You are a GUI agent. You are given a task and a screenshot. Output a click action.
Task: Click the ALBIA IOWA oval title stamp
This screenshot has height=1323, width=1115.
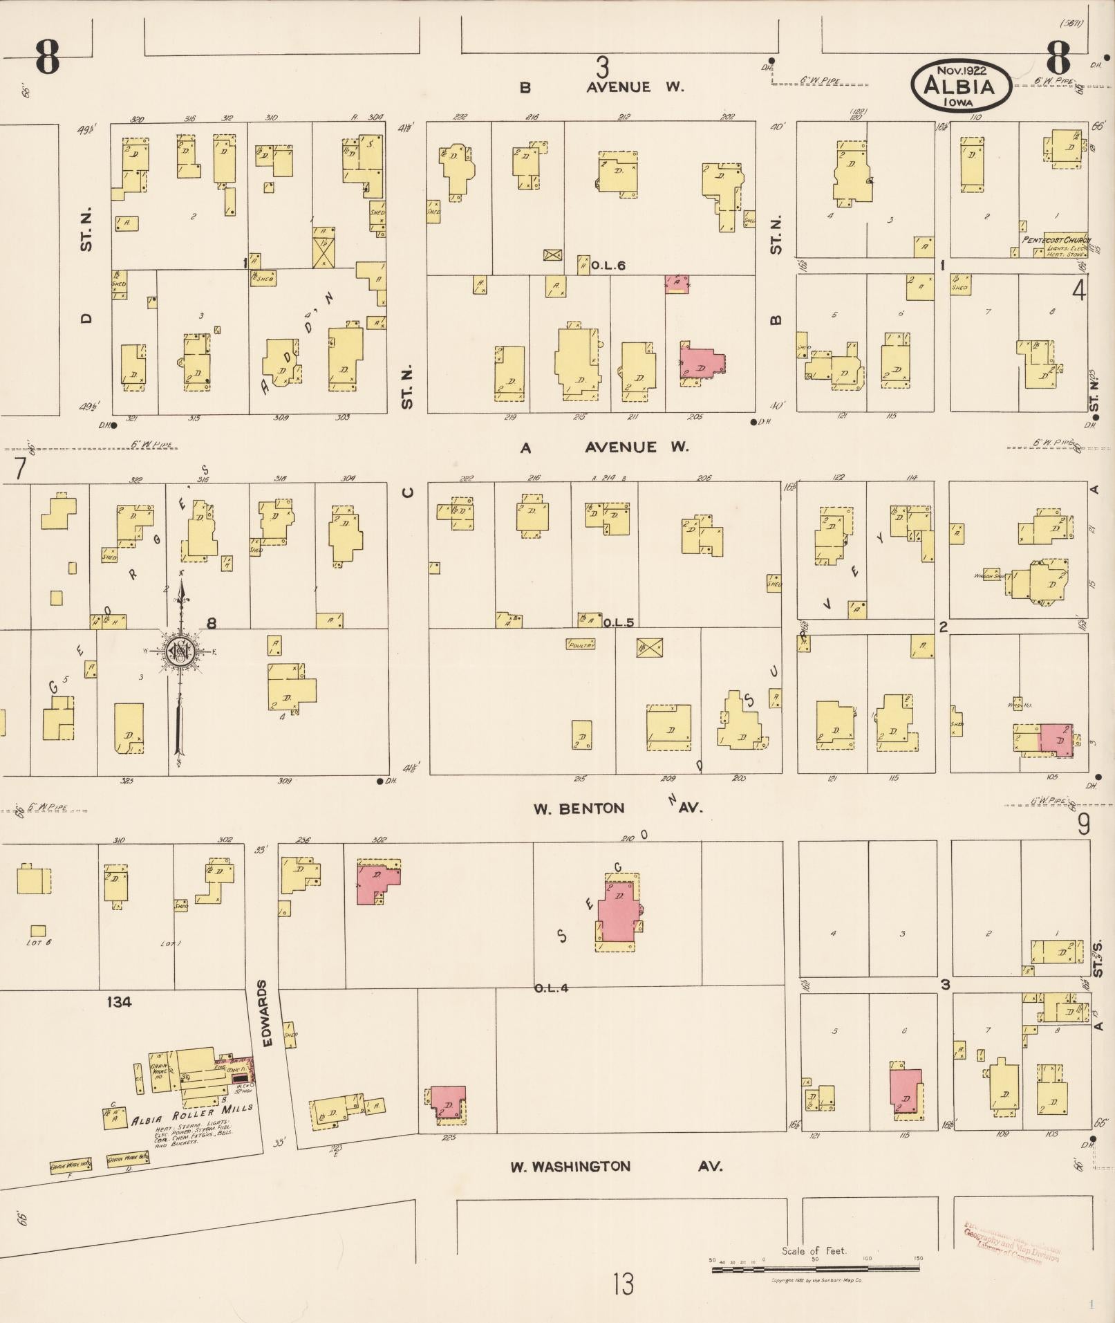961,85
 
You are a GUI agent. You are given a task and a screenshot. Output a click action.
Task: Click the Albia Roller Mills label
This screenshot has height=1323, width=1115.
192,1114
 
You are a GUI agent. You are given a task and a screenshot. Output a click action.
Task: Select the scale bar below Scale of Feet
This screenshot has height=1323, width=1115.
816,1269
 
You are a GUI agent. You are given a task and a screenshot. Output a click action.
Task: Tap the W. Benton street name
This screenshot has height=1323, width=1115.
579,808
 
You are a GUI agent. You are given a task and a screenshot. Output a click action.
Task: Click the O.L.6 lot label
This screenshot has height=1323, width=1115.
608,266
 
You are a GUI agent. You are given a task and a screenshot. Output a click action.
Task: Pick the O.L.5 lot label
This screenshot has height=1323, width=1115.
617,622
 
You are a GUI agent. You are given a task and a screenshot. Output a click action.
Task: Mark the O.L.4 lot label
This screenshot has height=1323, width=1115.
551,988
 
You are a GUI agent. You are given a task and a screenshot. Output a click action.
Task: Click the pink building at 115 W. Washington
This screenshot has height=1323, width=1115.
906,1091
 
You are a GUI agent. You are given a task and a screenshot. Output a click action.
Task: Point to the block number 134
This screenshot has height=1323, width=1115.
119,1001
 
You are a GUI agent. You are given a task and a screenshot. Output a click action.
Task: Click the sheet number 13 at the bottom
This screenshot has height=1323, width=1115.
622,1284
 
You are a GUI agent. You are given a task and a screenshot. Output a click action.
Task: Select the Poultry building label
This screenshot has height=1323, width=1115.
581,644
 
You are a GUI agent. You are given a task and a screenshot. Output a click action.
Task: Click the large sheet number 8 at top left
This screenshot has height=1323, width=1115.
47,57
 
